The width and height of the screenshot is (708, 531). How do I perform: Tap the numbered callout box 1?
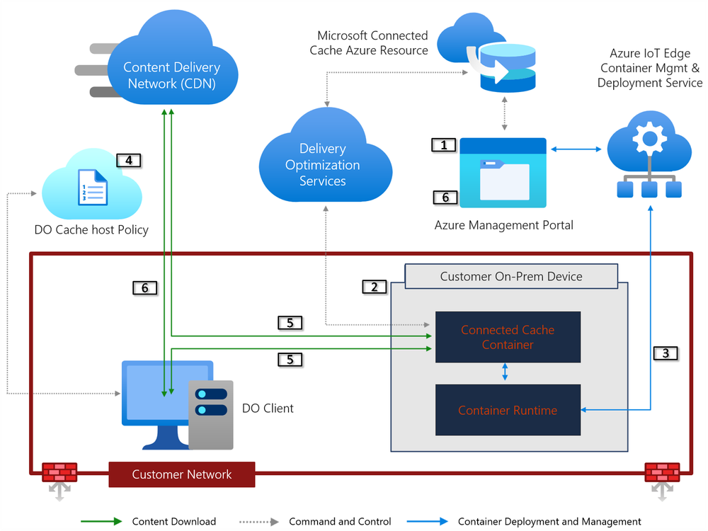coord(444,145)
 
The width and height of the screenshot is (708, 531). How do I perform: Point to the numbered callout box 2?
coord(374,287)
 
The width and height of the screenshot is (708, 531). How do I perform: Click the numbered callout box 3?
coord(666,353)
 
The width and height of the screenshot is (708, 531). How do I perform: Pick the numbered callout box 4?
coord(128,160)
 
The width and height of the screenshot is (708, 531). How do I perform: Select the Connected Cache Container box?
coord(508,337)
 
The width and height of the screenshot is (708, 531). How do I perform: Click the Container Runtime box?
coord(508,410)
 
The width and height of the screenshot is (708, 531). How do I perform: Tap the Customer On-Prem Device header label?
coord(511,276)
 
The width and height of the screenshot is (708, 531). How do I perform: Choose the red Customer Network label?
coord(182,474)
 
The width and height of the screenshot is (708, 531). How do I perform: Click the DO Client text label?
coord(268,409)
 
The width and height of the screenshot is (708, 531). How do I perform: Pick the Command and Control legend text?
coord(340,522)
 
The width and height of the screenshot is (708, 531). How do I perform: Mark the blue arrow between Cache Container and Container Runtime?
coord(504,372)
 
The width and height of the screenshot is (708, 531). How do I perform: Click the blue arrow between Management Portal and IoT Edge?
coord(576,149)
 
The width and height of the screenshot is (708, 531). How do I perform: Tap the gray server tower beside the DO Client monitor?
coord(210,415)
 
